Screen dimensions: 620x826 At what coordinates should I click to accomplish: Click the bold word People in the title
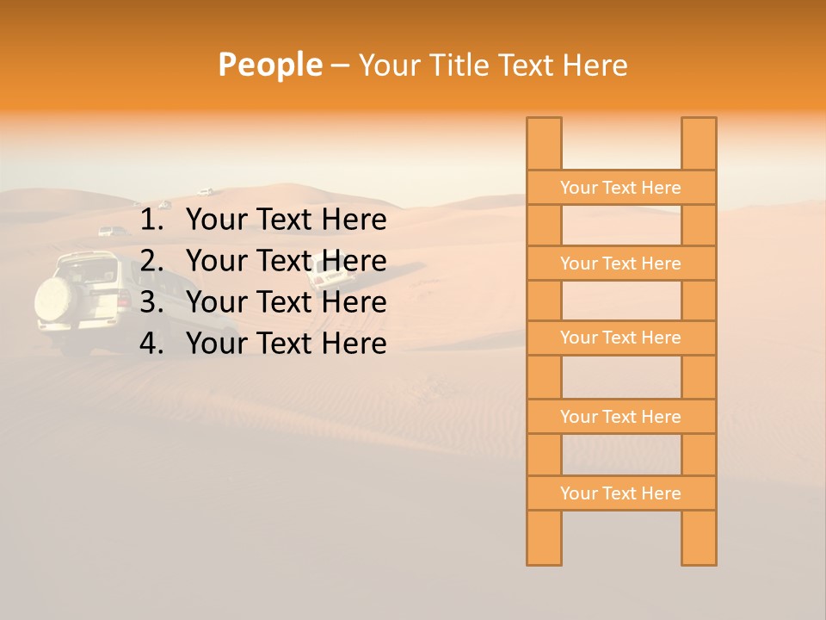pyautogui.click(x=269, y=65)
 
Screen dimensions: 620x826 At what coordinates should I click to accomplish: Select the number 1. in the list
pyautogui.click(x=151, y=220)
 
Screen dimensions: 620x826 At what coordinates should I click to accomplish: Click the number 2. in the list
pyautogui.click(x=151, y=261)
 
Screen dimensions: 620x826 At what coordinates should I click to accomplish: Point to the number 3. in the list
pyautogui.click(x=151, y=302)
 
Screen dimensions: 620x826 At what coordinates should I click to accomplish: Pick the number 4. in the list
pyautogui.click(x=151, y=344)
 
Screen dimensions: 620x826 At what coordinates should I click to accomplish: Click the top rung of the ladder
pyautogui.click(x=620, y=188)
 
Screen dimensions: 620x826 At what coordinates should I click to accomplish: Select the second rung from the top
pyautogui.click(x=620, y=263)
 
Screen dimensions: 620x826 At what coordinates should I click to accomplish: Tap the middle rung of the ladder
pyautogui.click(x=620, y=338)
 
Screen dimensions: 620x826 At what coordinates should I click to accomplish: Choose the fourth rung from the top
pyautogui.click(x=620, y=417)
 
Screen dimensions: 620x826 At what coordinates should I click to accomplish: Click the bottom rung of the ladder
pyautogui.click(x=620, y=493)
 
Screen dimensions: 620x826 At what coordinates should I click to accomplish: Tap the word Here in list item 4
pyautogui.click(x=354, y=344)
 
